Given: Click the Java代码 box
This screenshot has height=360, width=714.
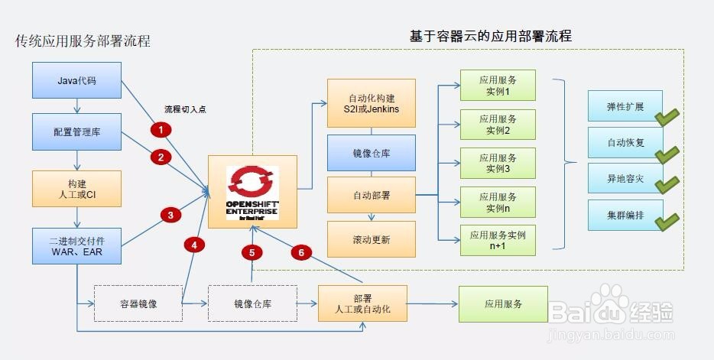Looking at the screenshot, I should (77, 80).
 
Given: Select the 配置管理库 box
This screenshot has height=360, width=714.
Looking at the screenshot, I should (77, 131).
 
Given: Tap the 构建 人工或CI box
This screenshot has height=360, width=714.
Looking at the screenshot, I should (77, 189).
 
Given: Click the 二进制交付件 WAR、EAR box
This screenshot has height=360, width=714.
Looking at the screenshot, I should (77, 245).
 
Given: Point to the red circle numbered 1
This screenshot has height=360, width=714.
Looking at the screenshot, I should (161, 130).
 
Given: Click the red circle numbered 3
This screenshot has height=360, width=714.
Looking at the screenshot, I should (170, 216).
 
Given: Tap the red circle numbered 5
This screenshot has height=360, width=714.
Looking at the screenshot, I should (252, 252).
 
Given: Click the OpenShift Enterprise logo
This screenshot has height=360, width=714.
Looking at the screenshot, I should (253, 191).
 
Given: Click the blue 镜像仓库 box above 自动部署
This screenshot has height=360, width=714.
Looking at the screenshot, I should (372, 153).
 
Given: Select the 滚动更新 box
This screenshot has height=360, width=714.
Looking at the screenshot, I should (372, 239).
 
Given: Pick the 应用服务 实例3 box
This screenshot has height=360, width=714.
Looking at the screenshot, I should (498, 163).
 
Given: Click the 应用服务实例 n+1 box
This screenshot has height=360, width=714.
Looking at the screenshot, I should (498, 239).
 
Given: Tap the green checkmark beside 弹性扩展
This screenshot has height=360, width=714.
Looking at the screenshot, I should (667, 116).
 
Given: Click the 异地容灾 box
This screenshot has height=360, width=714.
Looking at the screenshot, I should (620, 178).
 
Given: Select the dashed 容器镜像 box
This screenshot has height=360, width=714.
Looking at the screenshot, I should (138, 303).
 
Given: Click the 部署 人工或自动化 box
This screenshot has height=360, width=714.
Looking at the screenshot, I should (362, 303).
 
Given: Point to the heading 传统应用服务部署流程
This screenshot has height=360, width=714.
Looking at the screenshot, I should (83, 41).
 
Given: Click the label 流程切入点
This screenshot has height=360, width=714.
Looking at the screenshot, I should (186, 109).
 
